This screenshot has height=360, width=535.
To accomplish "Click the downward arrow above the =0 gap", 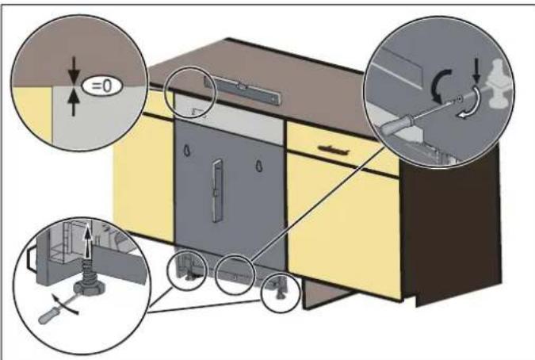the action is pyautogui.click(x=73, y=69).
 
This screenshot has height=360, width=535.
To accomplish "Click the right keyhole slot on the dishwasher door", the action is pyautogui.click(x=258, y=164).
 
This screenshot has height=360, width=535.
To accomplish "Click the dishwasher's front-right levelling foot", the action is pyautogui.click(x=280, y=291).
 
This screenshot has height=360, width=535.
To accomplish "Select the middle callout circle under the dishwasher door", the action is pyautogui.click(x=237, y=274).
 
